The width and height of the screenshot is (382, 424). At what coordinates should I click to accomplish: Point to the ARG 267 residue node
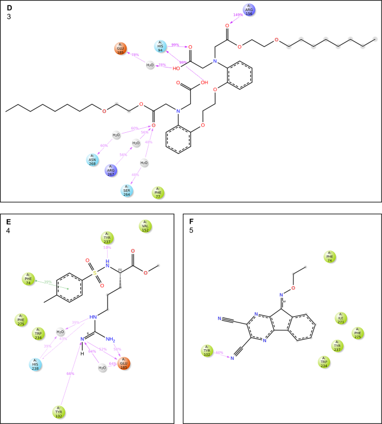pos(112,170)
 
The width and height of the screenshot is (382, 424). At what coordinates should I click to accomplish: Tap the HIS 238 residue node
pos(37,364)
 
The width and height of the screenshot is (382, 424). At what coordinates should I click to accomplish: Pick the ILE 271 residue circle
pos(341,319)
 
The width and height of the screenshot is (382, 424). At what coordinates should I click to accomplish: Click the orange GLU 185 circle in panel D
pos(120,49)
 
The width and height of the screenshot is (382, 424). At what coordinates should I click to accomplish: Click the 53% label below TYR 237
pos(107,248)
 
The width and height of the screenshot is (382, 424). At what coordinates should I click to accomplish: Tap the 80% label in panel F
pos(219,353)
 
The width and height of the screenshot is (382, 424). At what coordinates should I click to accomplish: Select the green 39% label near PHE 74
pos(48,282)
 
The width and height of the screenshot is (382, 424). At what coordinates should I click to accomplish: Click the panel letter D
pos(9,7)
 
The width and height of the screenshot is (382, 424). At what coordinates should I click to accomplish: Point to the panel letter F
pos(191,221)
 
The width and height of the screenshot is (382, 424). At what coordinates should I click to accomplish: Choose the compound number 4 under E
pos(8,230)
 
